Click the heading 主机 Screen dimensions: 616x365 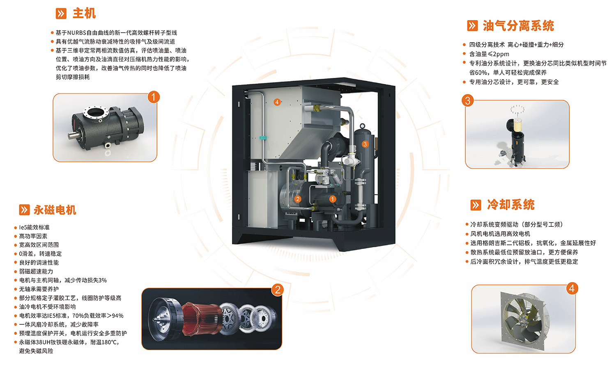pos(84,14)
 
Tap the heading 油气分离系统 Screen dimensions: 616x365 pos(518,26)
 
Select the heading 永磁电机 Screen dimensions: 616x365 pos(55,210)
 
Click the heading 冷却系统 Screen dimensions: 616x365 pos(511,205)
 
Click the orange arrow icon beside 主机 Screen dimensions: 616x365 pos(61,14)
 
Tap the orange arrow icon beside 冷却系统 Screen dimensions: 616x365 pos(476,205)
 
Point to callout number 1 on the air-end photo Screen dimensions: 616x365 pos(154,97)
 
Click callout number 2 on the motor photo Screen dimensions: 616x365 pos(278,290)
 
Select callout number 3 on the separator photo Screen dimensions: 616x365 pos(467,100)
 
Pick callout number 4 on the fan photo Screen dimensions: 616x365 pos(572,288)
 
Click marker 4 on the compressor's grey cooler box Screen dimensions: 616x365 pos(277,102)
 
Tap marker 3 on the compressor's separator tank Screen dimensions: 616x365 pos(365,144)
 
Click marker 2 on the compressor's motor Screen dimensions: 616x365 pos(298,199)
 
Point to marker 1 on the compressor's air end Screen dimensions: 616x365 pos(333,199)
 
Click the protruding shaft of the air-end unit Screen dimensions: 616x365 pos(74,135)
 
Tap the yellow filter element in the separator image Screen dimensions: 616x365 pos(517,124)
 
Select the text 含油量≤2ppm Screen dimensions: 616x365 pos(489,54)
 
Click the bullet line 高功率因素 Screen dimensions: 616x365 pos(33,236)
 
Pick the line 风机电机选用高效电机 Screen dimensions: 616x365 pos(500,234)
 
